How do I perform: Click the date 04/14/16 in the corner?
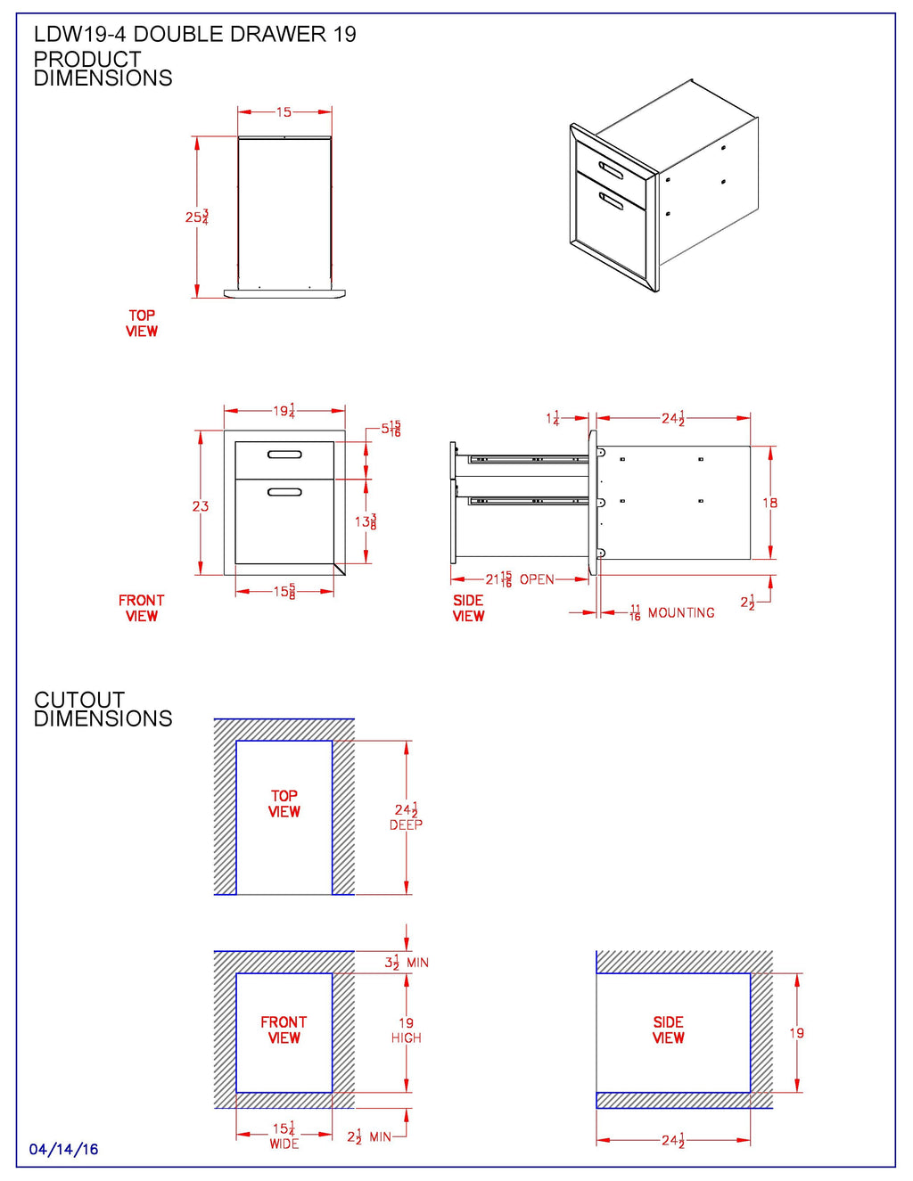(x=63, y=1149)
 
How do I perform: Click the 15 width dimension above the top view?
(x=284, y=112)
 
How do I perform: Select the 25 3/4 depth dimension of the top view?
(x=197, y=217)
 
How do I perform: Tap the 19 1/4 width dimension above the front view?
(x=284, y=411)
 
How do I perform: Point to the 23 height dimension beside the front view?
(x=201, y=506)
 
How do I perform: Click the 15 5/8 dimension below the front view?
(x=284, y=592)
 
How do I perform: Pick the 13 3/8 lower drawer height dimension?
(x=366, y=521)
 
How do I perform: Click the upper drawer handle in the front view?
(x=284, y=455)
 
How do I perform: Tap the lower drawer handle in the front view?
(x=284, y=492)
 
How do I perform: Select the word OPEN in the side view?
(x=537, y=579)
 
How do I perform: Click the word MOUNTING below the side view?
(x=681, y=613)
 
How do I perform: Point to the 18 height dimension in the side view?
(x=770, y=504)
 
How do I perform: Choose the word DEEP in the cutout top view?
(x=406, y=825)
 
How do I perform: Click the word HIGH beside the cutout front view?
(x=406, y=1038)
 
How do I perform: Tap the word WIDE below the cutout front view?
(x=284, y=1144)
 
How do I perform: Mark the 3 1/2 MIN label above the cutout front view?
(x=407, y=963)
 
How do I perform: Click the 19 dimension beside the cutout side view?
(x=796, y=1033)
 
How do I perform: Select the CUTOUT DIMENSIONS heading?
(x=103, y=709)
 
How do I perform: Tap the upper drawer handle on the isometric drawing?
(x=612, y=170)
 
